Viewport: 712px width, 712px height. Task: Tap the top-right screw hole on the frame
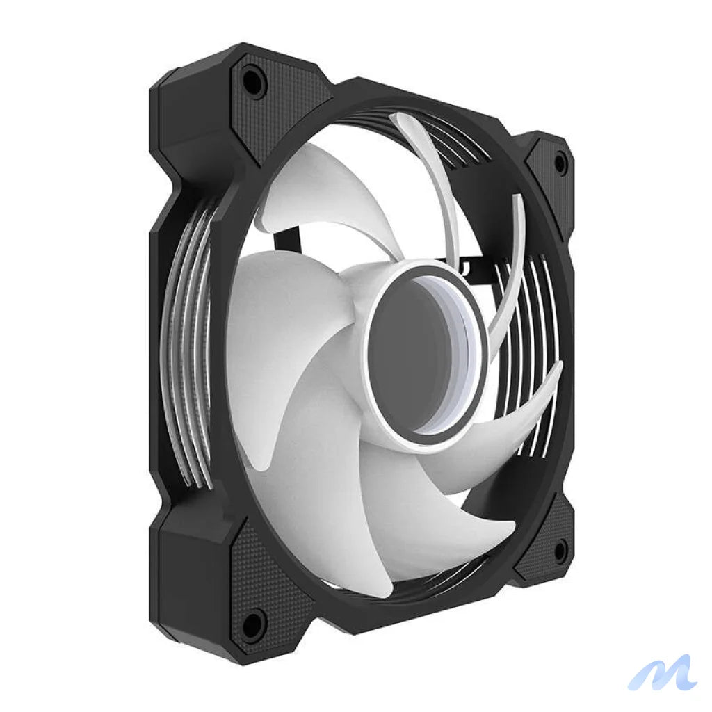[559, 163]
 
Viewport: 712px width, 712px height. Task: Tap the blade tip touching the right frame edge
[556, 369]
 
